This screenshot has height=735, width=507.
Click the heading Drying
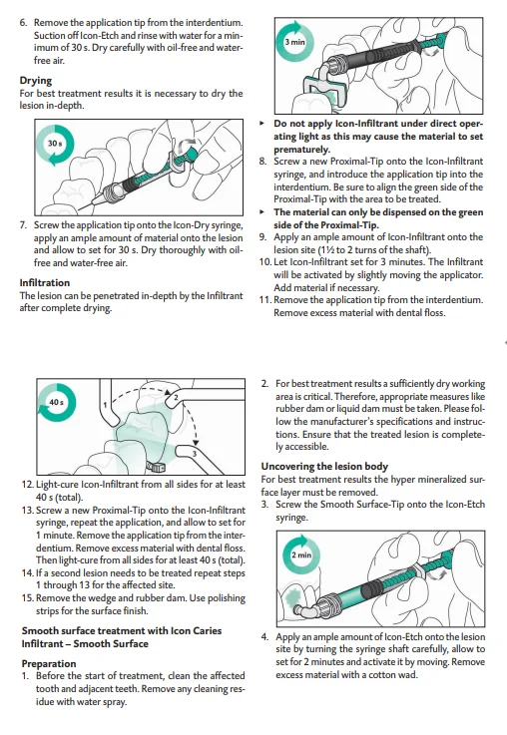[36, 81]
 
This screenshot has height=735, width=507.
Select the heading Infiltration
[45, 282]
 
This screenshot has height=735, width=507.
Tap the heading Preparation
[49, 664]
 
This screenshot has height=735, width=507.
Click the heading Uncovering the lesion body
[324, 467]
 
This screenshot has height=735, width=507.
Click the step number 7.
[23, 225]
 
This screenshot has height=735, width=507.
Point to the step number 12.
[27, 485]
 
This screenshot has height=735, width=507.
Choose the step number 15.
[27, 598]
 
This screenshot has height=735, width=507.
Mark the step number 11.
[265, 300]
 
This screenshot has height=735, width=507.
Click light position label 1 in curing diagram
[105, 405]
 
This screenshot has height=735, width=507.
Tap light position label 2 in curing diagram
[176, 398]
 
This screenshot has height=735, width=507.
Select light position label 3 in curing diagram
[194, 454]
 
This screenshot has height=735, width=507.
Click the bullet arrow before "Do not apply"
[261, 124]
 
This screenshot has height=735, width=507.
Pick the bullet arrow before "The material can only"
[261, 212]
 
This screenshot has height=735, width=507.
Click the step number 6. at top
[23, 23]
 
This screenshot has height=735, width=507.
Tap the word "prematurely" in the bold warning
[302, 150]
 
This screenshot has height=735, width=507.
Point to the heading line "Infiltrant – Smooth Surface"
[85, 643]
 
